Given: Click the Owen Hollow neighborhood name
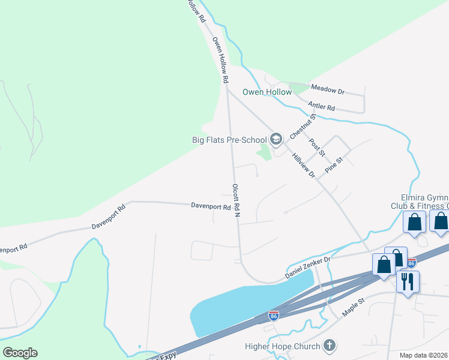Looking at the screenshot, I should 267,92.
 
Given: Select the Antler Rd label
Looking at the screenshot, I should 321,107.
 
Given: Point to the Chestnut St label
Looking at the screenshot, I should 303,126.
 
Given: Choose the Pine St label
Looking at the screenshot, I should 333,165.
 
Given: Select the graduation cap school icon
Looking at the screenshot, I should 276,140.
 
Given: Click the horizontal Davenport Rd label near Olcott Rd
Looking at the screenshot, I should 211,207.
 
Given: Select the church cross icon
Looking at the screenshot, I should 329,346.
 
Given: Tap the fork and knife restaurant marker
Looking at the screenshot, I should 408,281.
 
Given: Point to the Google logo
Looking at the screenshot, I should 20,353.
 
